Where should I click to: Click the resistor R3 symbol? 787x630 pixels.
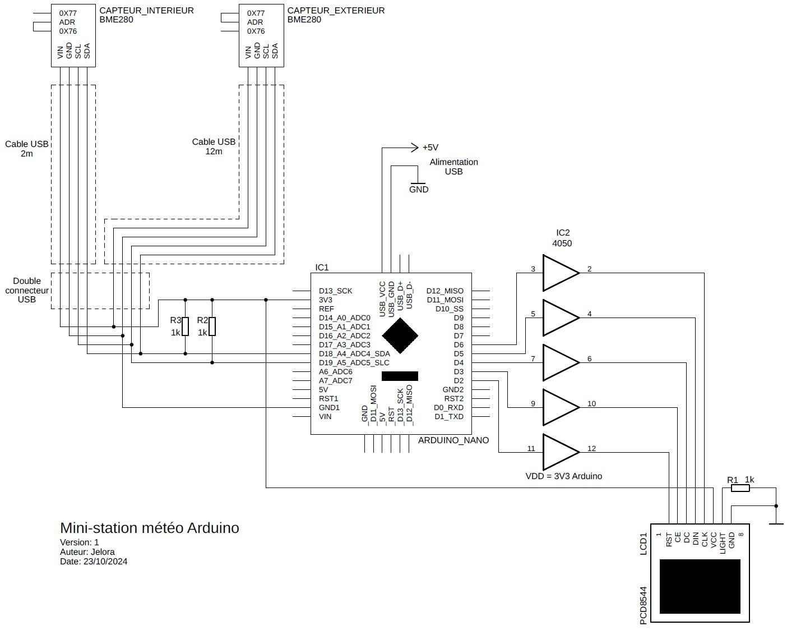[x=185, y=327]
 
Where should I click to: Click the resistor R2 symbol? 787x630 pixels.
[x=212, y=327]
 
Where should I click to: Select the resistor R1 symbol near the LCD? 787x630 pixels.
[x=740, y=488]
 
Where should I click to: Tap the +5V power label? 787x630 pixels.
[x=430, y=148]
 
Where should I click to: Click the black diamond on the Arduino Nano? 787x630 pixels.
[x=400, y=335]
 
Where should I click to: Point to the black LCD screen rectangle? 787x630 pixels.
[x=700, y=586]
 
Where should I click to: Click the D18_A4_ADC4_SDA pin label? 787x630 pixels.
[x=354, y=354]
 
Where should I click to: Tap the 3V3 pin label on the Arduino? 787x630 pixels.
[x=326, y=300]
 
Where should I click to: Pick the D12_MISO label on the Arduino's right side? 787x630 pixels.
[x=445, y=291]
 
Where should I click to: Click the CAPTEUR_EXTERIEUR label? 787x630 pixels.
[x=336, y=11]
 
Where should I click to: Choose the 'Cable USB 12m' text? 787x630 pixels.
[x=214, y=146]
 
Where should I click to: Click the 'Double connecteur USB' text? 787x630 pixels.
[x=27, y=290]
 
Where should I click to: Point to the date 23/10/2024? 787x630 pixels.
[x=105, y=562]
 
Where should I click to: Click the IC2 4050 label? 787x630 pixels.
[x=562, y=238]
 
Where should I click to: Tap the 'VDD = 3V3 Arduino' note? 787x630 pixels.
[x=563, y=476]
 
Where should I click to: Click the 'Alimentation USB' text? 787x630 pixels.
[x=453, y=167]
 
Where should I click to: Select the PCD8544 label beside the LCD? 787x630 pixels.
[x=644, y=605]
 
